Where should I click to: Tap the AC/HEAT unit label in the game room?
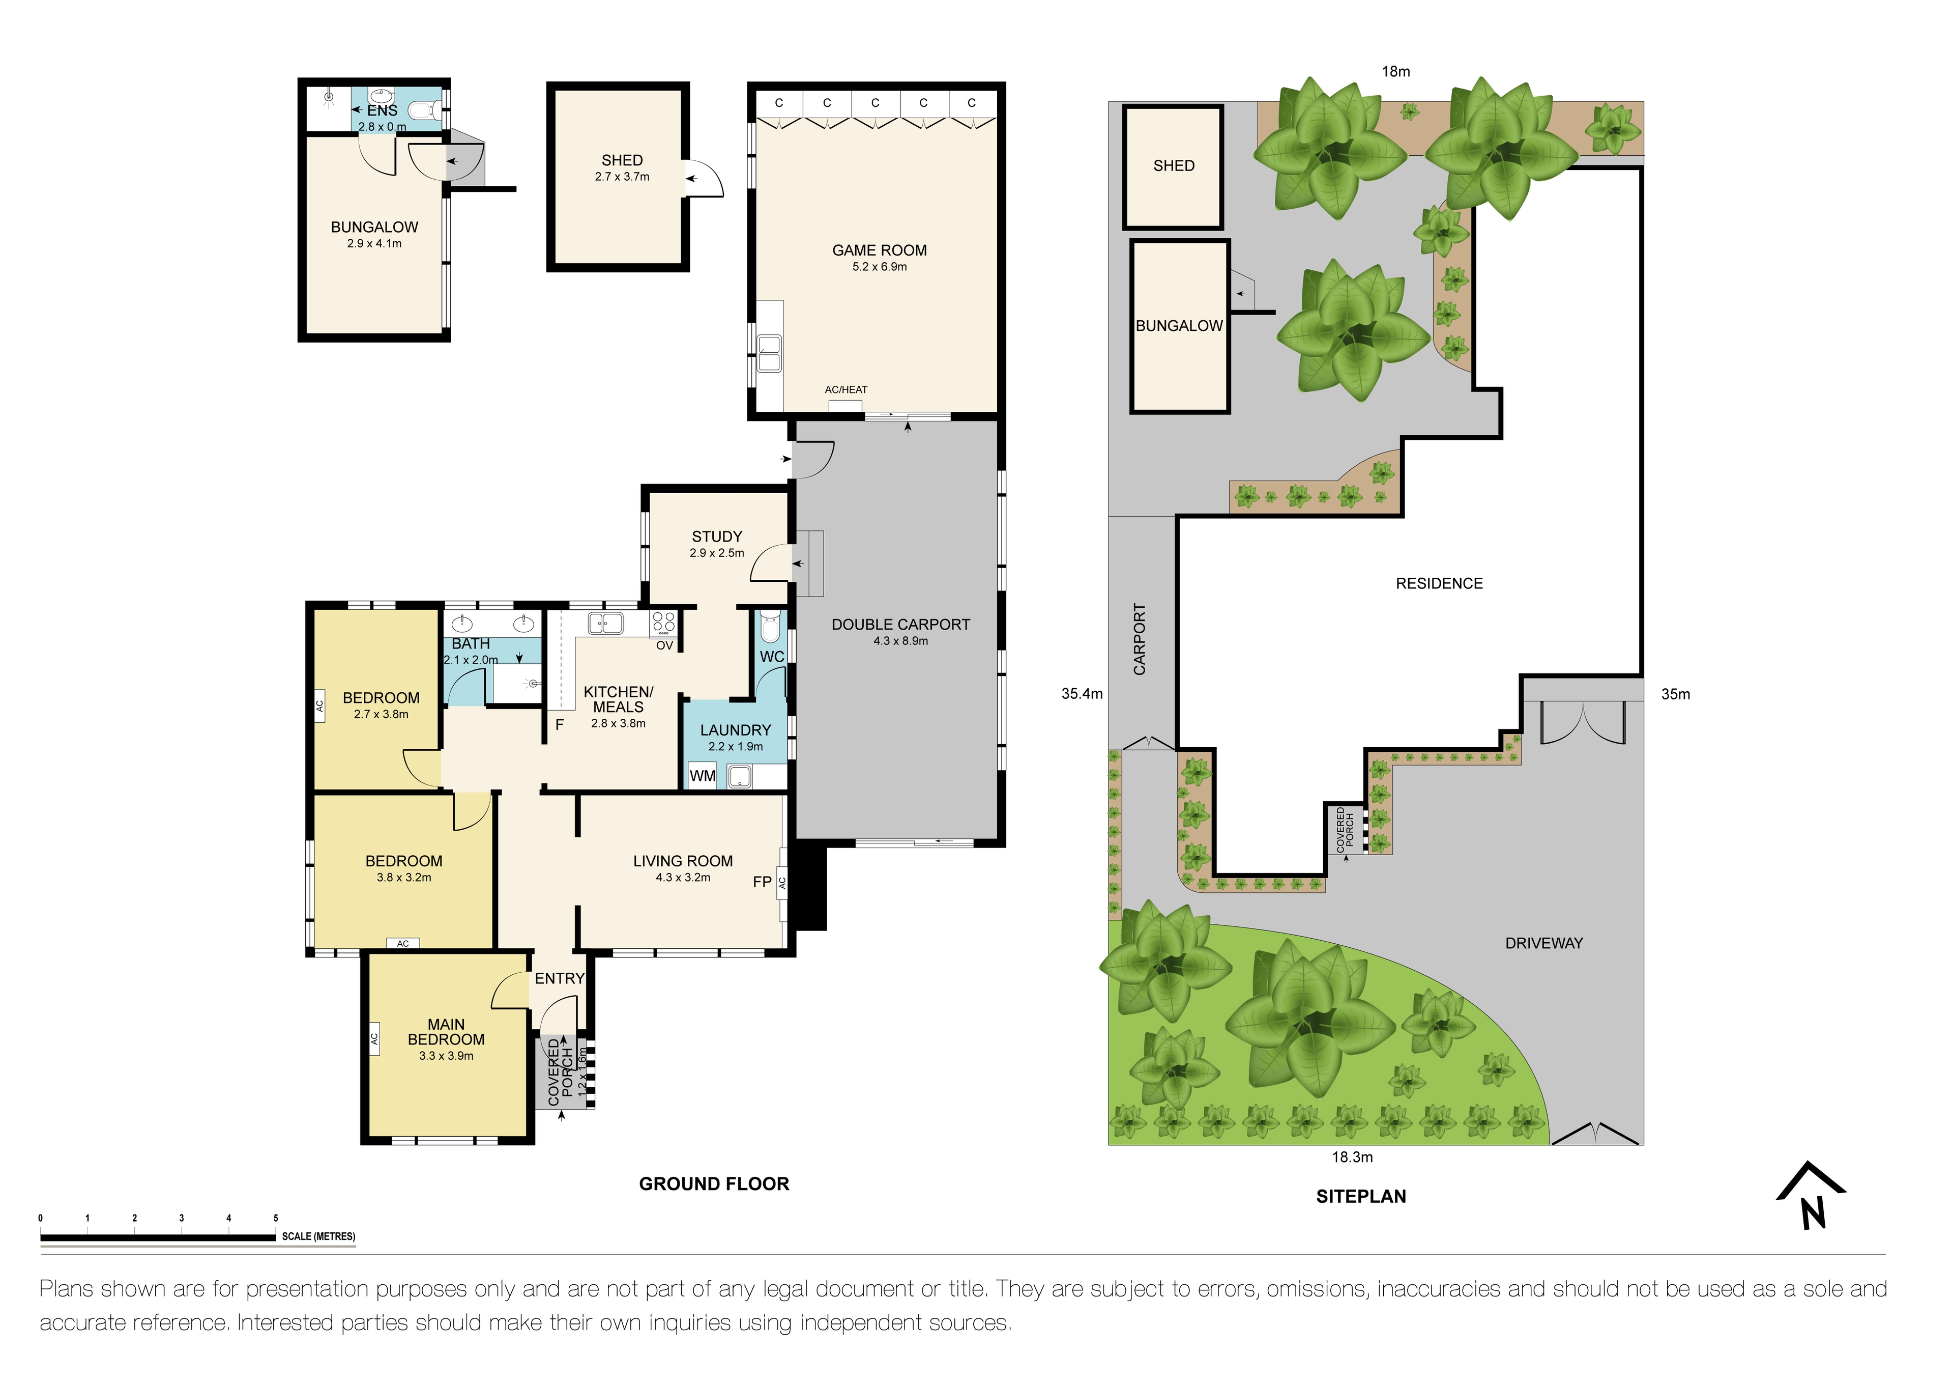point(846,390)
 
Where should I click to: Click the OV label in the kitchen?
point(664,646)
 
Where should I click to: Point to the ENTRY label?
point(559,979)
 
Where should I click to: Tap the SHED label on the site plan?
point(1173,166)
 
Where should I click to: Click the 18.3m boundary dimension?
point(1352,1158)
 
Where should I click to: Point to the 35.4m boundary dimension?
point(1081,694)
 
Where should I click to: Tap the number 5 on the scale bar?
point(276,1218)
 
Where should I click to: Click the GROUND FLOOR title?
point(714,1183)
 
